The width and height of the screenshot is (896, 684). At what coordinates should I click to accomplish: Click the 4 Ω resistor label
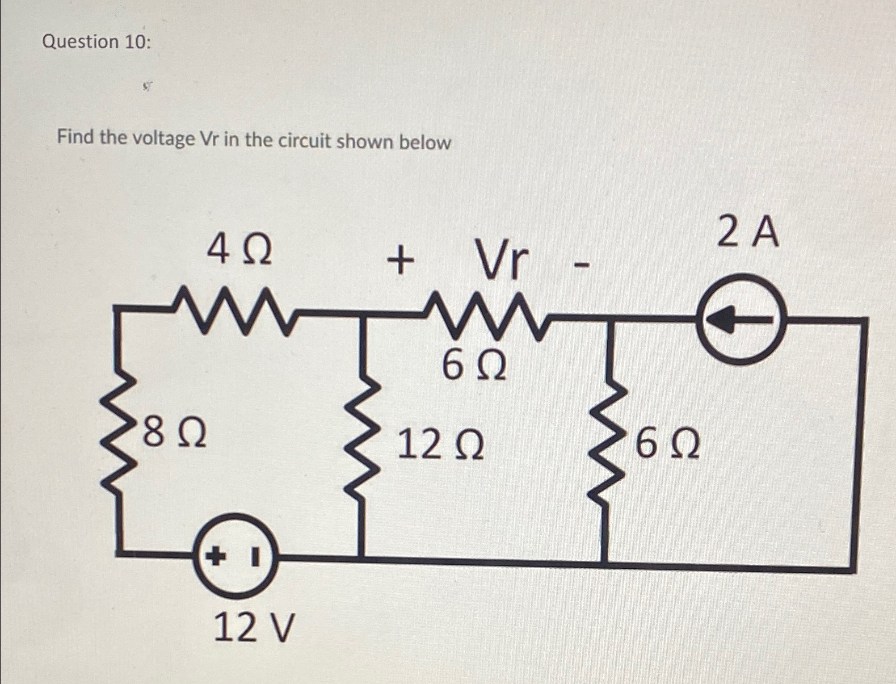point(239,251)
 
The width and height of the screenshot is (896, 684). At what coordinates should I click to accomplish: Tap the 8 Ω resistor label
point(174,433)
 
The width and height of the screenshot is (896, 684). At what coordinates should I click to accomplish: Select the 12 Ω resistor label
point(440,445)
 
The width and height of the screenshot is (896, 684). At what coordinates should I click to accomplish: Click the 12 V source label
point(255,628)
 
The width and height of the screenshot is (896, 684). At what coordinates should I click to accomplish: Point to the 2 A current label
point(748,233)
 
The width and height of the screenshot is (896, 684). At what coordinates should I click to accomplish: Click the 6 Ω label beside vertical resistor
point(667,444)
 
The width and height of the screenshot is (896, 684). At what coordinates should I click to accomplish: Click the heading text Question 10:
point(96,42)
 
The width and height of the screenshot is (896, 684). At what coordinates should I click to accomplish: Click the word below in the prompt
point(425,142)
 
